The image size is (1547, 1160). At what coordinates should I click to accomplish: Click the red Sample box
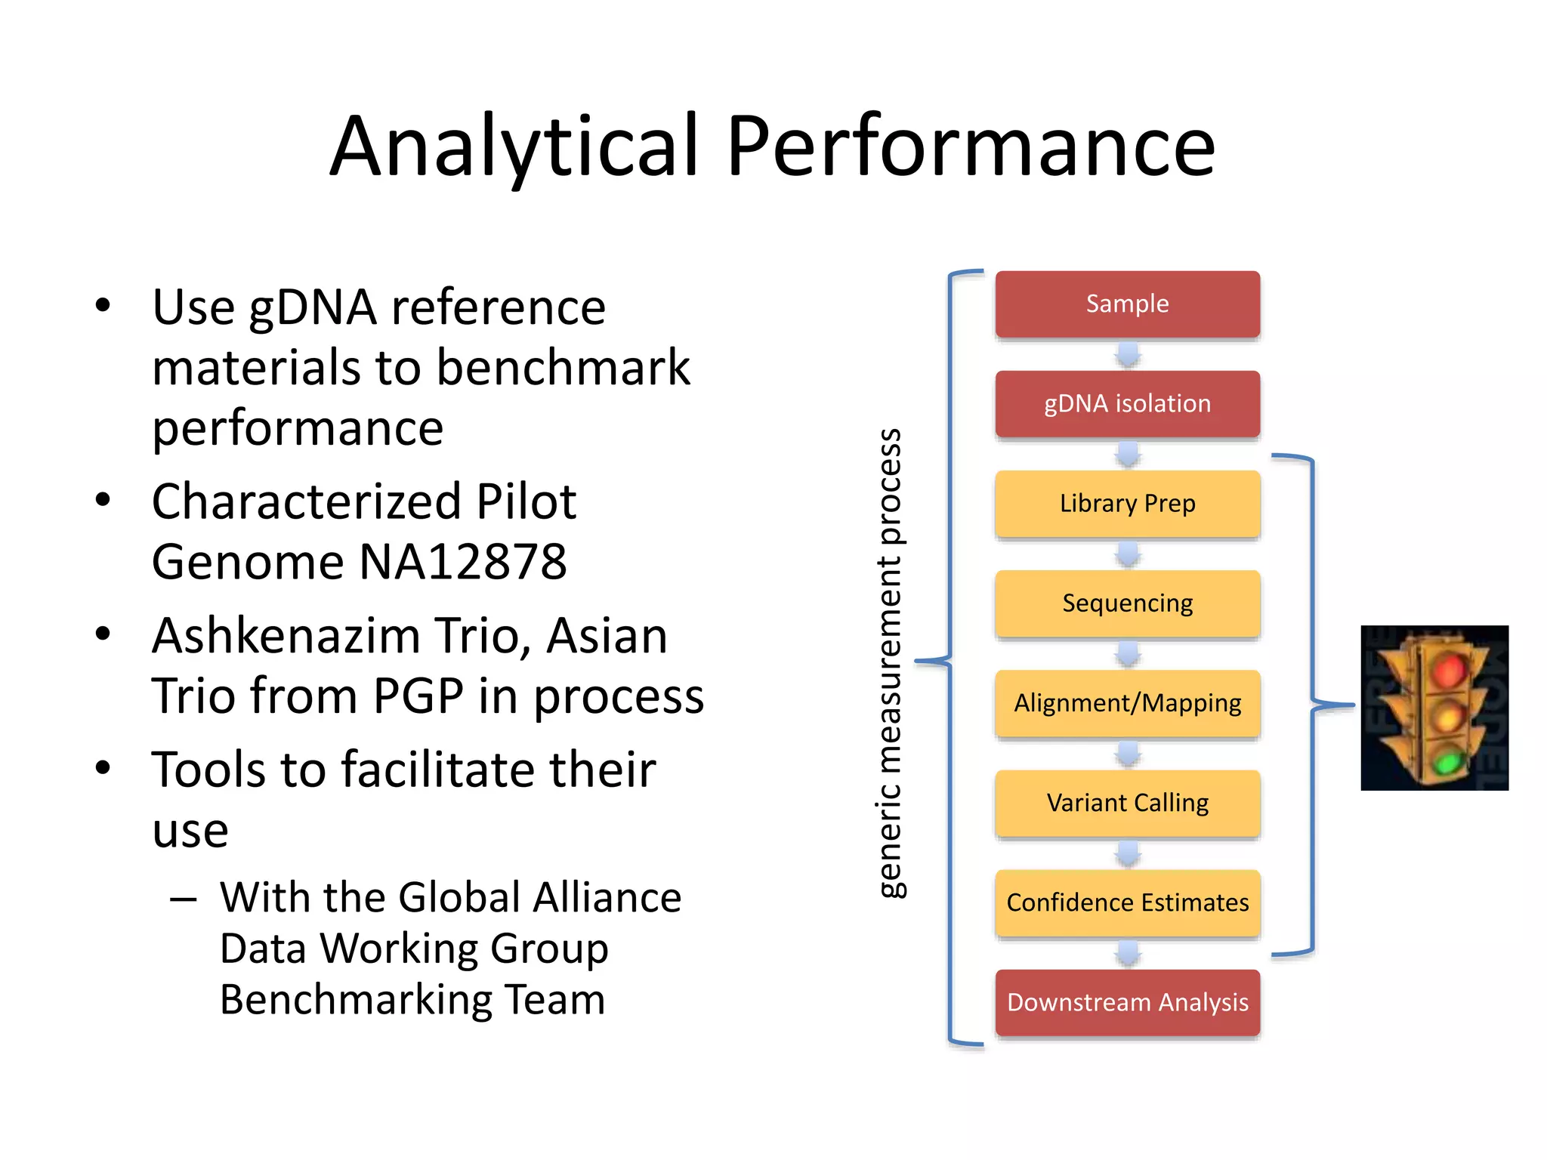point(1127,304)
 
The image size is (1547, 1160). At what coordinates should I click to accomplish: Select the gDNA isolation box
point(1127,403)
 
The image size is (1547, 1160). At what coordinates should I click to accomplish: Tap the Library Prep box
point(1127,503)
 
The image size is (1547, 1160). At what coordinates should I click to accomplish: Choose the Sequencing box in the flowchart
point(1127,603)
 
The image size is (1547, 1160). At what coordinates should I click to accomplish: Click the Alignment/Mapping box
point(1127,702)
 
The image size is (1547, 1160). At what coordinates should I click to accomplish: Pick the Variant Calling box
point(1127,802)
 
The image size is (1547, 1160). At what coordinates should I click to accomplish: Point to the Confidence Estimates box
point(1127,902)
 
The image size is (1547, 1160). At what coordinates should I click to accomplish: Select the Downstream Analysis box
point(1127,1002)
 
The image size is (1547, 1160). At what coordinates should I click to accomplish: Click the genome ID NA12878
point(462,562)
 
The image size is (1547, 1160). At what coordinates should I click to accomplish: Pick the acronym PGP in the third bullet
point(418,696)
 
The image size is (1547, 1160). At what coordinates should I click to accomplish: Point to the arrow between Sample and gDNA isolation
point(1128,354)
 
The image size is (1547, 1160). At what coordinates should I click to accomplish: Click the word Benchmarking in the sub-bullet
point(354,1000)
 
